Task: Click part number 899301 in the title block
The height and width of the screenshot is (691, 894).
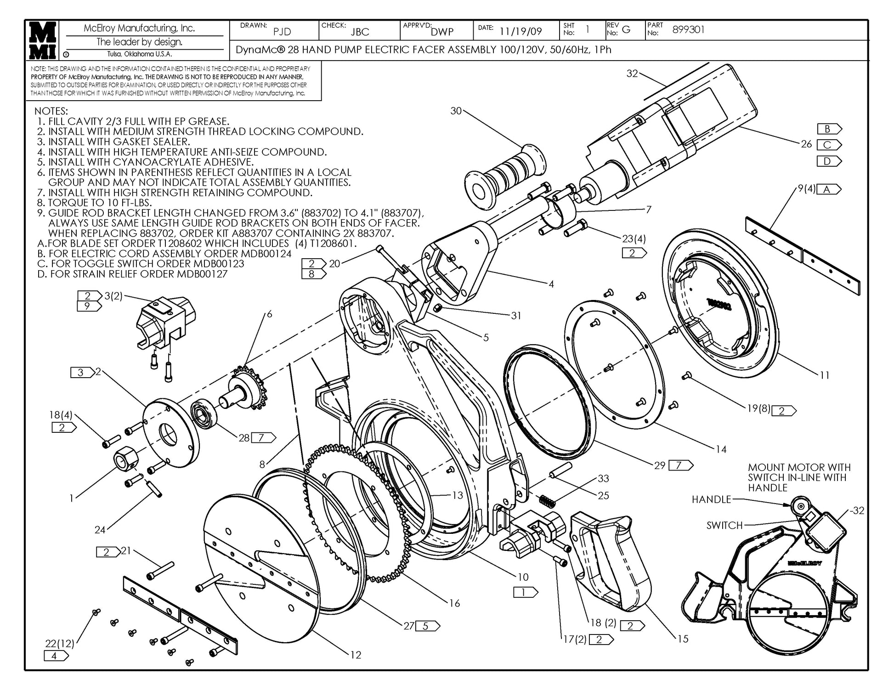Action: (x=688, y=30)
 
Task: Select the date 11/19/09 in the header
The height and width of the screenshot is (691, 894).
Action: (x=521, y=31)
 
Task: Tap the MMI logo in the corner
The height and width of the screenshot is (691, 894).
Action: (x=43, y=40)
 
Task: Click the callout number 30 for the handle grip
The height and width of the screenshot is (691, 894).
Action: (x=456, y=111)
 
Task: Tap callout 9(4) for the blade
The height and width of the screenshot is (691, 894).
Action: (x=806, y=189)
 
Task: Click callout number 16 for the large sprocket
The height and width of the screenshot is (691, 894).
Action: (x=454, y=603)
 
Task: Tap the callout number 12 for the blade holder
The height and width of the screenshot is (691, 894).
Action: (x=356, y=655)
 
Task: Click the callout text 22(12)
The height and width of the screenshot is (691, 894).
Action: (x=60, y=643)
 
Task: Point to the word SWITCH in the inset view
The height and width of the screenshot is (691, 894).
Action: (x=724, y=525)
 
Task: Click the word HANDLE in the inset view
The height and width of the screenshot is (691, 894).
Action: (x=711, y=499)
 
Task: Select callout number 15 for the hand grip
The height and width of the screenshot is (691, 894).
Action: (x=683, y=639)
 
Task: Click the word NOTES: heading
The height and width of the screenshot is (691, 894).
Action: (x=51, y=111)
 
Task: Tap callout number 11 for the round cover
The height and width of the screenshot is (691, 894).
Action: (x=825, y=375)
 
